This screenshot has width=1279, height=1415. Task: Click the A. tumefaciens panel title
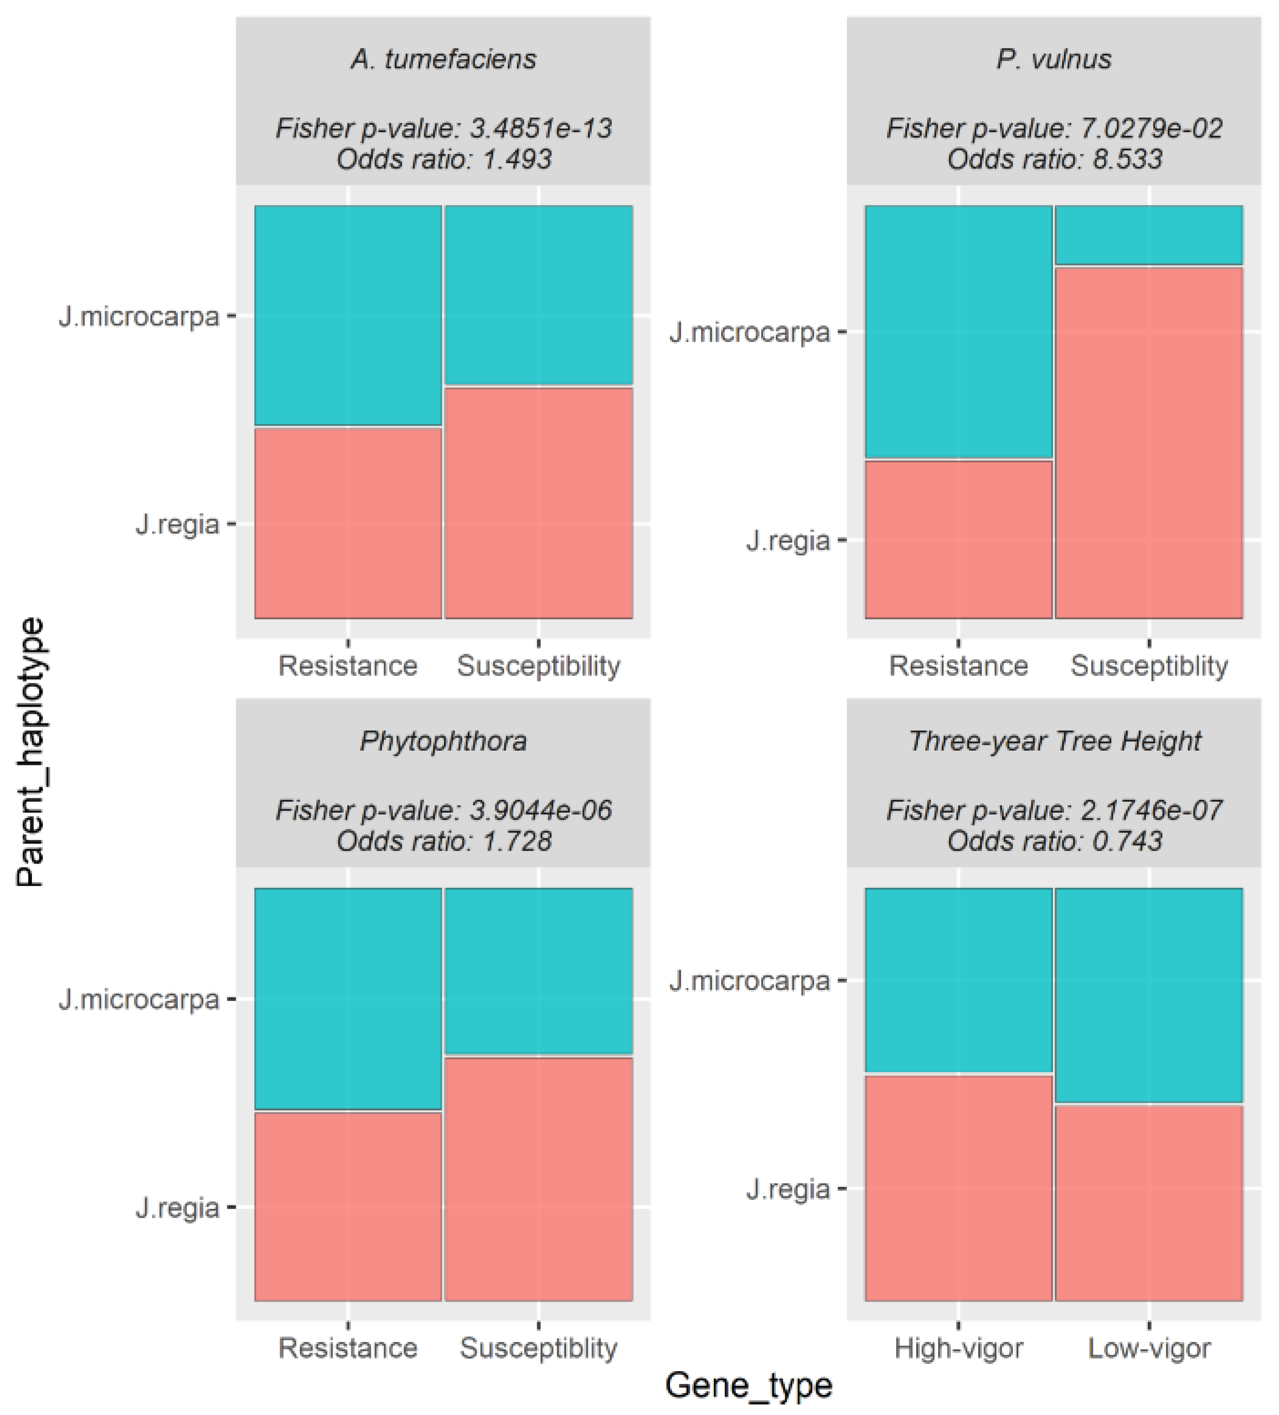click(x=443, y=59)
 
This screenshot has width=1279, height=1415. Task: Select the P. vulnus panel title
click(x=1054, y=59)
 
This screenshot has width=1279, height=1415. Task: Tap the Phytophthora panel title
click(x=443, y=741)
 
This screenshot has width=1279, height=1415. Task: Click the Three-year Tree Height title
click(x=1054, y=741)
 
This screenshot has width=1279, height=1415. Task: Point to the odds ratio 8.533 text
click(x=1054, y=159)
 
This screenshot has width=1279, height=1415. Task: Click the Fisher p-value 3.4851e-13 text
click(x=443, y=128)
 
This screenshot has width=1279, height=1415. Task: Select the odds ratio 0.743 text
click(x=1054, y=841)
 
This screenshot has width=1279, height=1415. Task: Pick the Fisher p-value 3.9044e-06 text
click(x=443, y=811)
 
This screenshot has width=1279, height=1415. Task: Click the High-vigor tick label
click(x=959, y=1348)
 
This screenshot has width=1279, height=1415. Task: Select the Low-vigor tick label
click(x=1148, y=1348)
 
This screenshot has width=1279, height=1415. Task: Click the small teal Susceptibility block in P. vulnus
click(x=1148, y=235)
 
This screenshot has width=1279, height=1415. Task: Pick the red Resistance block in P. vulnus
click(x=959, y=539)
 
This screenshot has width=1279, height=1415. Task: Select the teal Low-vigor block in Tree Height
click(x=1148, y=995)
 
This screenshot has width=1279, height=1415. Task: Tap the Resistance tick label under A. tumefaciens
click(x=348, y=665)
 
